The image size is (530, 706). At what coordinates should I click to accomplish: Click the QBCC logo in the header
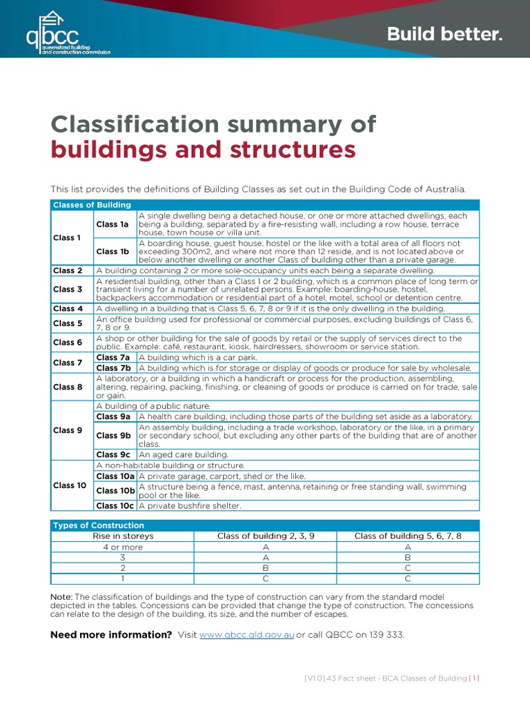pyautogui.click(x=67, y=32)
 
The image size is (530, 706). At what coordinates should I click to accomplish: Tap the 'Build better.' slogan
pyautogui.click(x=444, y=34)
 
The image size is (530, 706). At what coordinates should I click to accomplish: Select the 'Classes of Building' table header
pyautogui.click(x=92, y=205)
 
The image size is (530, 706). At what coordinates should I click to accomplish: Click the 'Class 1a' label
pyautogui.click(x=112, y=224)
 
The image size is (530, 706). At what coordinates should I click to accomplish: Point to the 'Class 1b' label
pyautogui.click(x=112, y=252)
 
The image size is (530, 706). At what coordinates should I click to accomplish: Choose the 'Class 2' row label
pyautogui.click(x=68, y=271)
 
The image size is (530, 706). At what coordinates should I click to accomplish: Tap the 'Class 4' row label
pyautogui.click(x=68, y=309)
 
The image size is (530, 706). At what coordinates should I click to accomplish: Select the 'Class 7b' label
pyautogui.click(x=113, y=368)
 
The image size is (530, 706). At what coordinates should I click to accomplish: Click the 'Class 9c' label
pyautogui.click(x=113, y=455)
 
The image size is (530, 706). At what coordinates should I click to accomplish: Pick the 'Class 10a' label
pyautogui.click(x=115, y=476)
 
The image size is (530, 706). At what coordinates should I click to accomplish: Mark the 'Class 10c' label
pyautogui.click(x=115, y=506)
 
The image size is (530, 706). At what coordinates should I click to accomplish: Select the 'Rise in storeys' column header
pyautogui.click(x=123, y=536)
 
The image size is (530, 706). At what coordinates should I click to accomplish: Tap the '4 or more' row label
pyautogui.click(x=123, y=547)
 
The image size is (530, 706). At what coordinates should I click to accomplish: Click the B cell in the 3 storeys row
pyautogui.click(x=407, y=557)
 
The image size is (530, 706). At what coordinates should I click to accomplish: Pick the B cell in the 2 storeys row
pyautogui.click(x=265, y=568)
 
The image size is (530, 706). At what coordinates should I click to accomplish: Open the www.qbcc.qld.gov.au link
pyautogui.click(x=246, y=635)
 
